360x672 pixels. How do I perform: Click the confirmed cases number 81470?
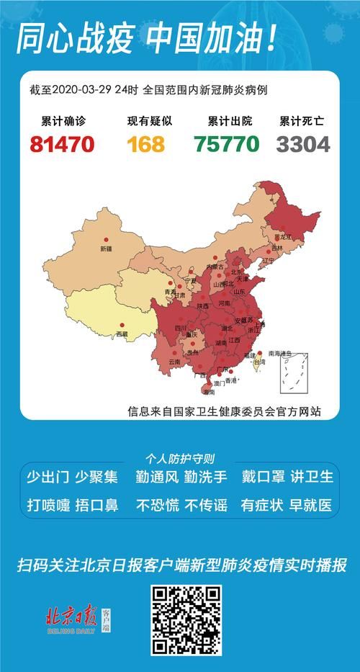(x=62, y=144)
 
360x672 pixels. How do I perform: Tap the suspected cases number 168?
(x=145, y=144)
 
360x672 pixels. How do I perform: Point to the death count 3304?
(x=303, y=144)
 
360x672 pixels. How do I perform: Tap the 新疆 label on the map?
(x=105, y=248)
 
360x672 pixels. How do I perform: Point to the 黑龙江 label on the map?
(x=286, y=236)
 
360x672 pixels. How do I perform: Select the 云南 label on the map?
(x=175, y=362)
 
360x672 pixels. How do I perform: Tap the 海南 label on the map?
(x=209, y=393)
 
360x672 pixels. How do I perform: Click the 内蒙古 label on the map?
(x=215, y=266)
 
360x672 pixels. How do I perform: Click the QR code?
(x=186, y=619)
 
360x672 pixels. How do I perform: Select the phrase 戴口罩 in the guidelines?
(x=262, y=477)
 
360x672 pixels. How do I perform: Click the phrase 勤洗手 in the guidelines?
(x=205, y=477)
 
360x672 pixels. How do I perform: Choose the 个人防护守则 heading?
(x=179, y=458)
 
